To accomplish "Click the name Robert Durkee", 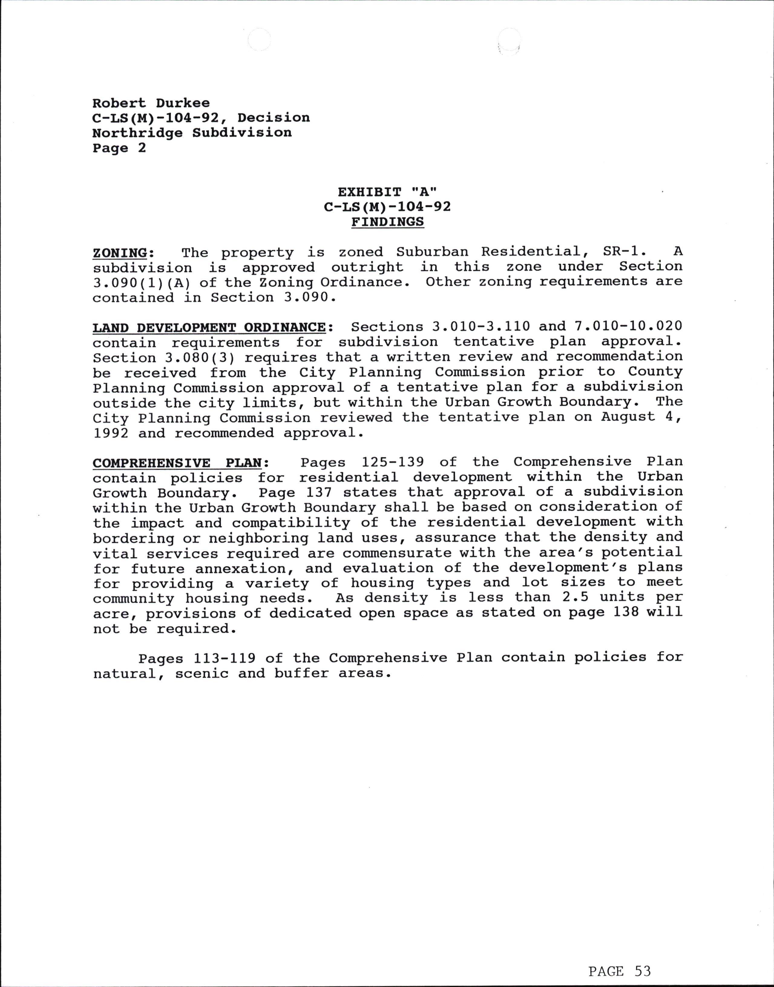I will click(x=151, y=103).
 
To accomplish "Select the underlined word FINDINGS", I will click(x=387, y=222).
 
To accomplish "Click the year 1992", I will click(x=110, y=433).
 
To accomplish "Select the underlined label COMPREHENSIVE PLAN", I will click(x=177, y=463).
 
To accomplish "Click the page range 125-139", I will click(x=392, y=462).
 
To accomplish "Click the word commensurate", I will click(x=397, y=553).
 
